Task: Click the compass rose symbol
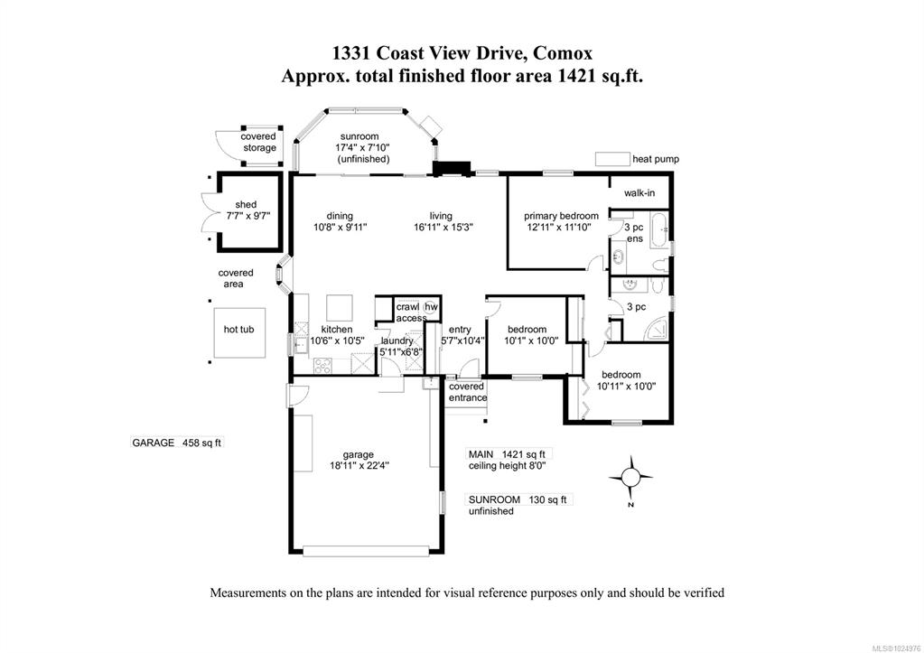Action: click(x=630, y=478)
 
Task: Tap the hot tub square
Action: click(x=239, y=332)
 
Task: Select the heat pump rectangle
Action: click(x=612, y=159)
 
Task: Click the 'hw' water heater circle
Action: click(x=432, y=306)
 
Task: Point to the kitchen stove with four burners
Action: click(x=323, y=365)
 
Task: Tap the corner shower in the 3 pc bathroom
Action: click(x=657, y=330)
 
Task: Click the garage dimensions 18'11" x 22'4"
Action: click(x=359, y=465)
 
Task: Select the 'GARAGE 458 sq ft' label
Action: click(x=177, y=443)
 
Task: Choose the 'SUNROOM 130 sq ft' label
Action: click(x=518, y=499)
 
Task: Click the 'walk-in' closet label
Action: click(x=639, y=192)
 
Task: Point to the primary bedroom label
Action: click(x=561, y=216)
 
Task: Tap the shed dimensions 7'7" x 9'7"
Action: click(x=247, y=216)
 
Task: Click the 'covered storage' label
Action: click(x=258, y=142)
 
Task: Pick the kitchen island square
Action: click(x=341, y=307)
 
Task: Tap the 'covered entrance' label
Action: click(x=467, y=392)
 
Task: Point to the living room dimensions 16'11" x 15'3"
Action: click(x=443, y=227)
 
